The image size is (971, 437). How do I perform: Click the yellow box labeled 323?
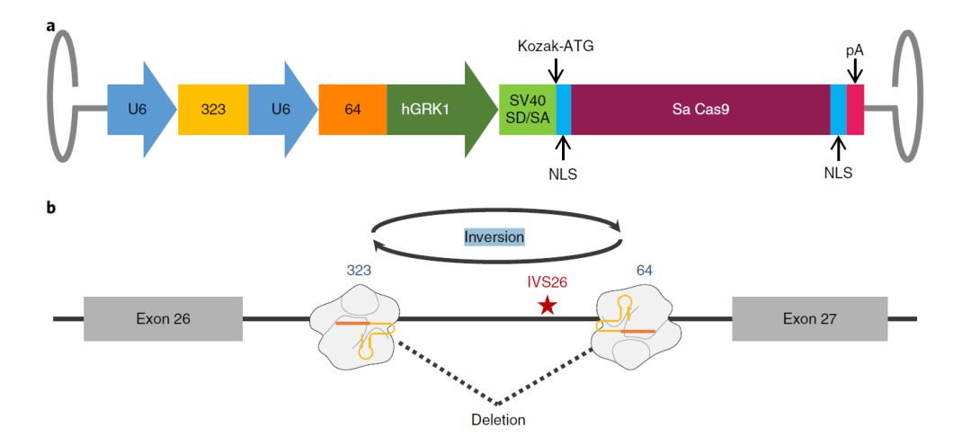[213, 110]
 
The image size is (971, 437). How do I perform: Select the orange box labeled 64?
[352, 110]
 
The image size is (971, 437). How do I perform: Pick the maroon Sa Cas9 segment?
[699, 110]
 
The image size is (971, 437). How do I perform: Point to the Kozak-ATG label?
[557, 45]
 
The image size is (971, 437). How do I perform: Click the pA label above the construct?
[854, 50]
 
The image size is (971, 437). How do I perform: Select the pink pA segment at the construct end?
[855, 110]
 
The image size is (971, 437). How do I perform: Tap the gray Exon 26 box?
[163, 318]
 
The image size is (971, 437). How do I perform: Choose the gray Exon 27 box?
[810, 318]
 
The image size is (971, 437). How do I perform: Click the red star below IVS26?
[547, 307]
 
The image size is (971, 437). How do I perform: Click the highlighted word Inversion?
[494, 236]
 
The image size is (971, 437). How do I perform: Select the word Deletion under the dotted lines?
[498, 419]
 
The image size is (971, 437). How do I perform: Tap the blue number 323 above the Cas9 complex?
[360, 269]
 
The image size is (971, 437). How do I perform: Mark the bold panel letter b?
[51, 208]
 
